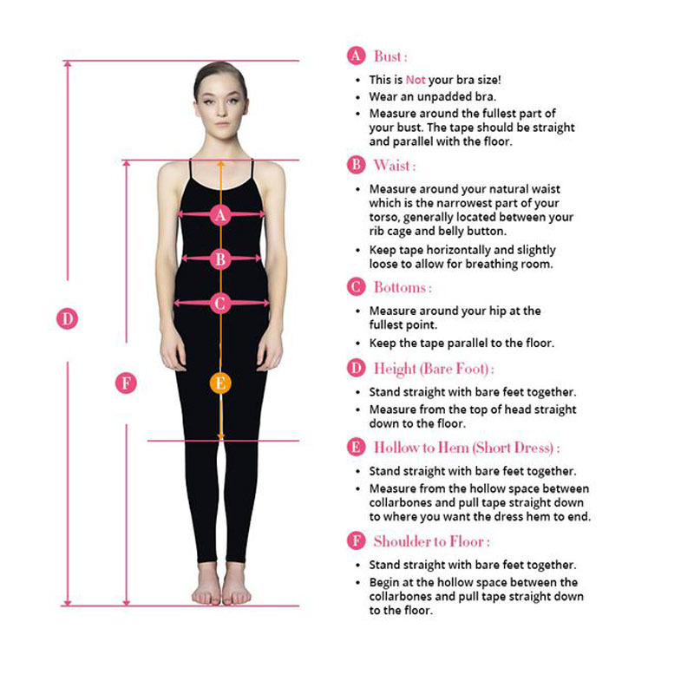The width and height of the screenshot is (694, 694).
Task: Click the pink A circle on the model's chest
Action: [220, 214]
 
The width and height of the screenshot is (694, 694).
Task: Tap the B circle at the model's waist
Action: [220, 259]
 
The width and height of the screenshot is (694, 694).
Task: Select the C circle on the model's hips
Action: [220, 303]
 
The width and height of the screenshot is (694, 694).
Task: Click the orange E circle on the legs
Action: [220, 383]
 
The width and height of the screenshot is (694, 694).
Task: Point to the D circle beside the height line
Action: [68, 318]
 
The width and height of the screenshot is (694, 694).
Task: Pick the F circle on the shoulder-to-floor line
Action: [126, 383]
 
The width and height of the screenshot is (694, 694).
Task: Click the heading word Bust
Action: [387, 56]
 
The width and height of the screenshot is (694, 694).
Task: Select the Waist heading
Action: [392, 165]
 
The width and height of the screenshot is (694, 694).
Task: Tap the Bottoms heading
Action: [400, 287]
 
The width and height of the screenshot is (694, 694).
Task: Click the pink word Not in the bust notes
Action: [416, 80]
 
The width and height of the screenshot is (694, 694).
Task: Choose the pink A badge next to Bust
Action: [356, 56]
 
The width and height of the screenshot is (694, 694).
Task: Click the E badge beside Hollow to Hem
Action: [356, 447]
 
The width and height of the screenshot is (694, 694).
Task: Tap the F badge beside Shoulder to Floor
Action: [356, 540]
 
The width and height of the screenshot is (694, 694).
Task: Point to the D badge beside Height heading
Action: [356, 368]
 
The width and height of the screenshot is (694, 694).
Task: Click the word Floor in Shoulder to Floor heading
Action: [467, 541]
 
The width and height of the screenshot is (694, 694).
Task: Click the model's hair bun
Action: [220, 71]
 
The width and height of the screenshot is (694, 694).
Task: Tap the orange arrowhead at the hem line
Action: [221, 436]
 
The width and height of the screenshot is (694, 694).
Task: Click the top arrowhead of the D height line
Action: [68, 64]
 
